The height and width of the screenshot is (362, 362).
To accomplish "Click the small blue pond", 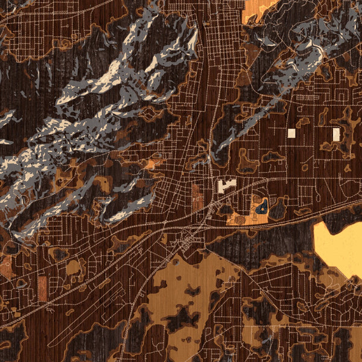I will [x=262, y=208].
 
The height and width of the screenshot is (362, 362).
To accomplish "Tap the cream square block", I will [x=292, y=133].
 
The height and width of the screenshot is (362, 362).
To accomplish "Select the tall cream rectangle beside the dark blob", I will [x=336, y=134].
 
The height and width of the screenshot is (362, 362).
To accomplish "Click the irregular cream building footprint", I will [x=227, y=185].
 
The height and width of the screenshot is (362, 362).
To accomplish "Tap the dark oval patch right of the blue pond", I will [x=278, y=210].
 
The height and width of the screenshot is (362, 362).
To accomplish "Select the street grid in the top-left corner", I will [x=24, y=36].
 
